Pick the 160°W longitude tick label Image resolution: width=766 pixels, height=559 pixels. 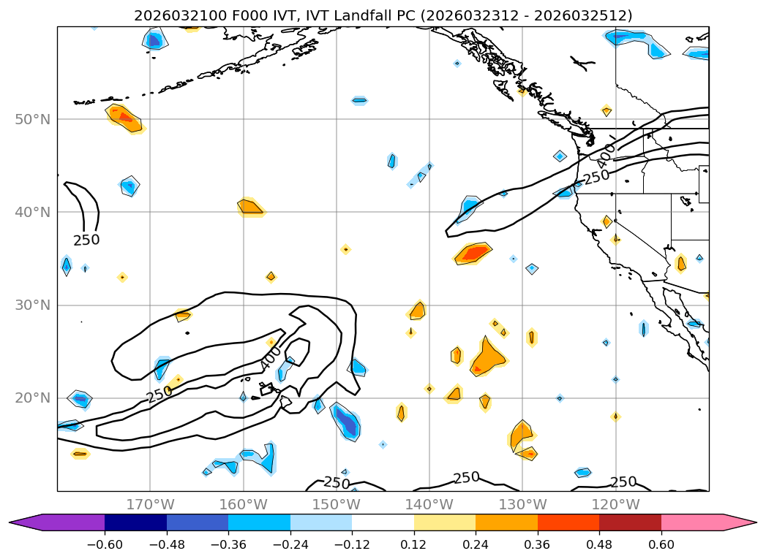tap(243, 504)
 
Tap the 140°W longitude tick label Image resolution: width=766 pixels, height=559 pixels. tap(429, 504)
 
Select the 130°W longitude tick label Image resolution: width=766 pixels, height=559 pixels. tap(522, 504)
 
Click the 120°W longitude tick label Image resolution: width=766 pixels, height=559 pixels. tap(615, 504)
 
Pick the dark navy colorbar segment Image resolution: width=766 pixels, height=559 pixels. tap(135, 522)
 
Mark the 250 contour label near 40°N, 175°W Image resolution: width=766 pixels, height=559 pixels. tap(86, 240)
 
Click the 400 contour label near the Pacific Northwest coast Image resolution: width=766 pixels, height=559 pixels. tap(606, 155)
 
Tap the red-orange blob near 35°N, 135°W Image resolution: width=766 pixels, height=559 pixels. tap(474, 254)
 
